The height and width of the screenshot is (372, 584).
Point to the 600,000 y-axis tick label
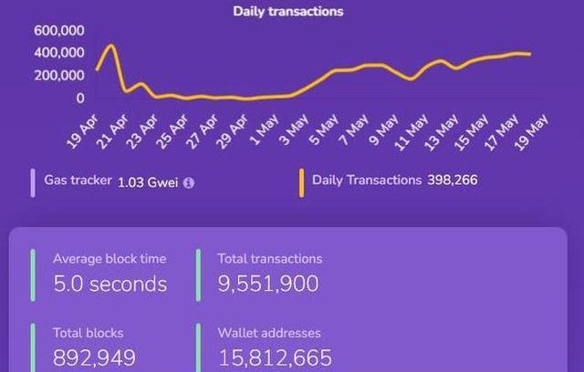click(x=59, y=30)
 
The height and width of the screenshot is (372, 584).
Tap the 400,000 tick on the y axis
click(x=59, y=52)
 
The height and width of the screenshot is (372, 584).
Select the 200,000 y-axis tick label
click(x=59, y=75)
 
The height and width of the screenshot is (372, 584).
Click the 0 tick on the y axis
click(x=80, y=98)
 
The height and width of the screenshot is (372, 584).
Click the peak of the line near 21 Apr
click(x=111, y=45)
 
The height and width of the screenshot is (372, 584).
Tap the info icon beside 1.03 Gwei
click(x=189, y=182)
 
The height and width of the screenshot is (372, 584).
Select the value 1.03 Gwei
click(x=149, y=181)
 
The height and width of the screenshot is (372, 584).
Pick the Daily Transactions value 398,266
click(x=452, y=181)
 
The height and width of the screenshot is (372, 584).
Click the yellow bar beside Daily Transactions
click(x=301, y=182)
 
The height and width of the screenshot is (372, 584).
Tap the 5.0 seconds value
click(x=109, y=284)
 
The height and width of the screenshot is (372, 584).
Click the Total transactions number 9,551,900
click(x=268, y=284)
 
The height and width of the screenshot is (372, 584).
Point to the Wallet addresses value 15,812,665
click(x=275, y=357)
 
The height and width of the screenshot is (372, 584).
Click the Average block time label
click(x=109, y=259)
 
